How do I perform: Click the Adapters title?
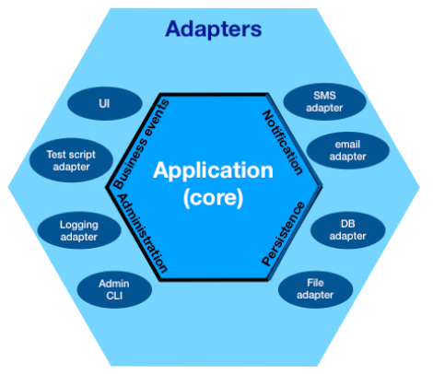tap(214, 29)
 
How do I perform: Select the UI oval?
tap(105, 103)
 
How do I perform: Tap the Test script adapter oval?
tap(71, 160)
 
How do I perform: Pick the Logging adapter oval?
tap(79, 230)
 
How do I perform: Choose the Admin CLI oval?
tap(114, 289)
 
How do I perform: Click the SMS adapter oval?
tap(324, 101)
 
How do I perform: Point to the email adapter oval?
tap(348, 150)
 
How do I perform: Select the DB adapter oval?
tap(347, 230)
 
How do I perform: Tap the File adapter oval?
tap(315, 289)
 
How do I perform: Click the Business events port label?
tap(142, 144)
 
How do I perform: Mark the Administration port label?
tap(143, 233)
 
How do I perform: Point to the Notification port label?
tap(282, 143)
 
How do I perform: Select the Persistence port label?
tap(283, 234)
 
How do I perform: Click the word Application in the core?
tap(213, 170)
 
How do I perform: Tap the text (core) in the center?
tap(213, 197)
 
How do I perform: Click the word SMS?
tap(324, 96)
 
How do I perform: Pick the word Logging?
tap(79, 225)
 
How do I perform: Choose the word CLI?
tap(114, 296)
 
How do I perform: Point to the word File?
tap(315, 283)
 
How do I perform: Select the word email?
tap(347, 144)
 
